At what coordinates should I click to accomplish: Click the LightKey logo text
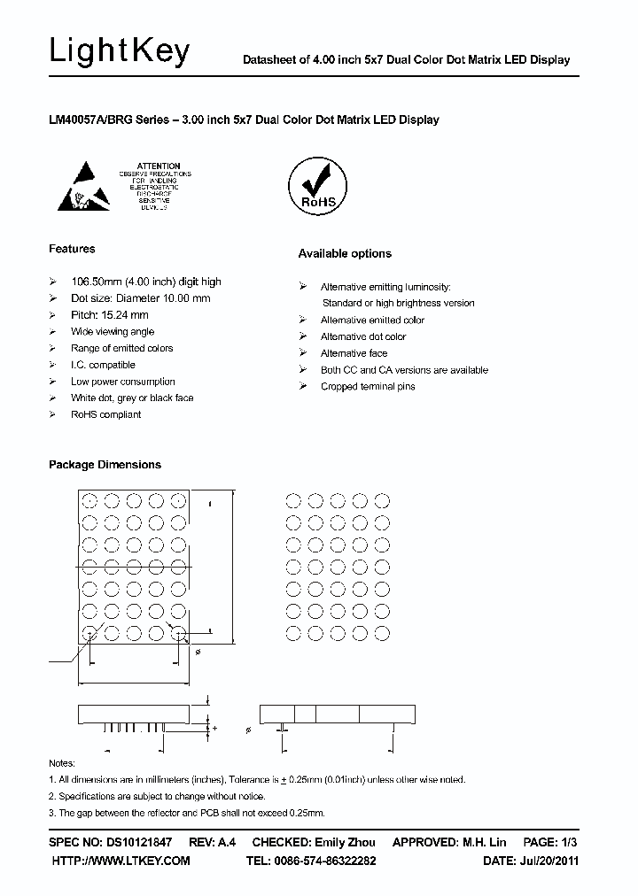119,52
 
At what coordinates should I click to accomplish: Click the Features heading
72,249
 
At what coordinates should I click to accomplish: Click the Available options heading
344,254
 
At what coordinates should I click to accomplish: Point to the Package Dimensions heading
105,465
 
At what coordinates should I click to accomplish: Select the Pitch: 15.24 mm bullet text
109,315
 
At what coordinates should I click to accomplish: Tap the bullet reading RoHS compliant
105,414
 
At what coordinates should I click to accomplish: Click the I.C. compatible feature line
103,365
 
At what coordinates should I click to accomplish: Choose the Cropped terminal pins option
367,387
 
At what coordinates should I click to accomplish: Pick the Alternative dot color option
362,336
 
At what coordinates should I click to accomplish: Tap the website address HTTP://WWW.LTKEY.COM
121,861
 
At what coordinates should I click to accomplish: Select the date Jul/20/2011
549,861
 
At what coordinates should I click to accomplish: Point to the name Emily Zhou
344,842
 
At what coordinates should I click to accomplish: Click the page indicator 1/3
569,842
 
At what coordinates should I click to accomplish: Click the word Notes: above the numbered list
62,763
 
